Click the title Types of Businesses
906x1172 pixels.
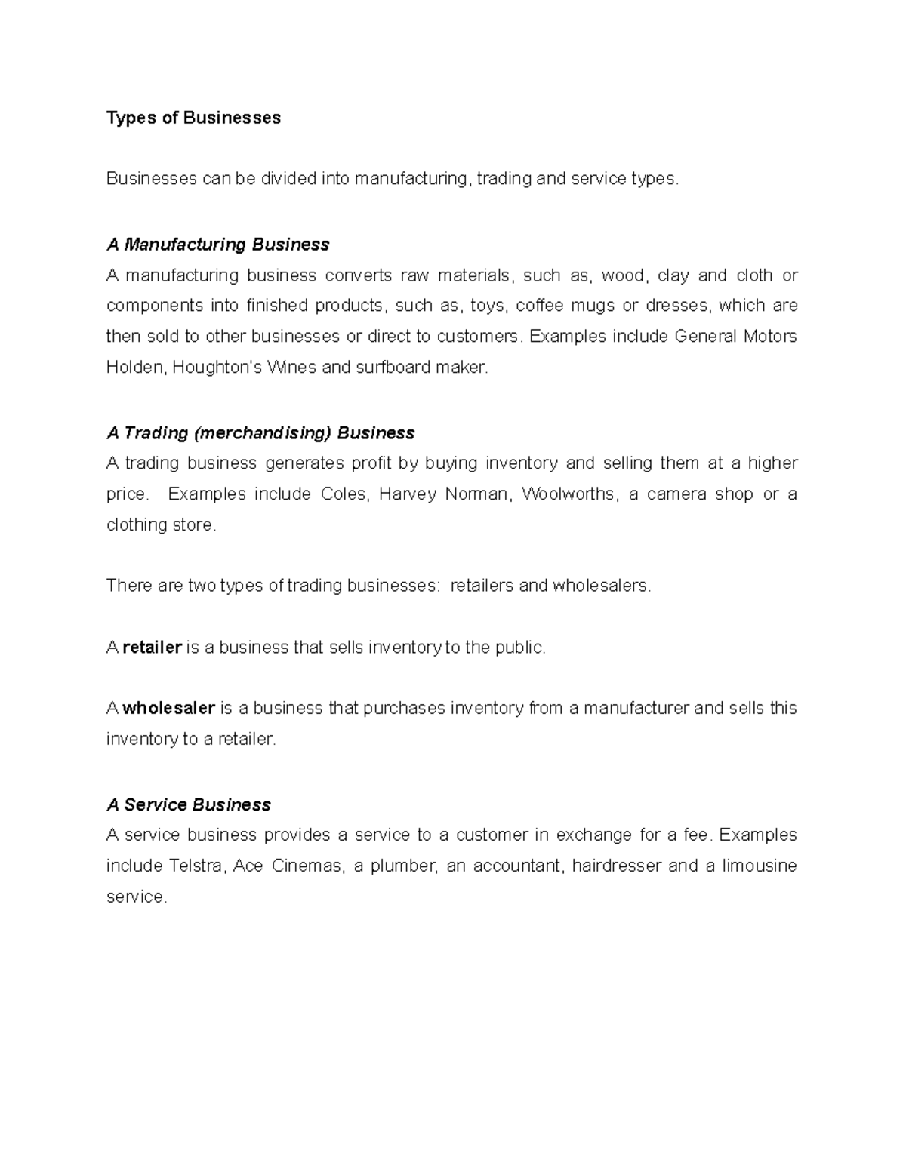pyautogui.click(x=193, y=118)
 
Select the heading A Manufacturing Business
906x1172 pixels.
pyautogui.click(x=218, y=245)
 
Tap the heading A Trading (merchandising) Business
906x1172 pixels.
pyautogui.click(x=260, y=433)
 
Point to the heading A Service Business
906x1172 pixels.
pyautogui.click(x=189, y=805)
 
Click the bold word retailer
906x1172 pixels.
pyautogui.click(x=152, y=648)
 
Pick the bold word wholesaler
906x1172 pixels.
pyautogui.click(x=169, y=709)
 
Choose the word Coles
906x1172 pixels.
pyautogui.click(x=344, y=494)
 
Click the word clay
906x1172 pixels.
pyautogui.click(x=673, y=275)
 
